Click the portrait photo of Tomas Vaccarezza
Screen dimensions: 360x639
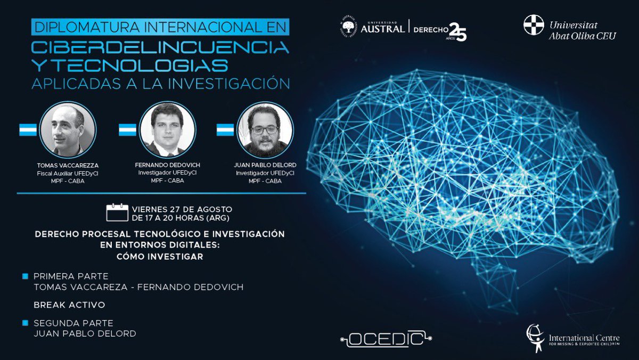click(68, 130)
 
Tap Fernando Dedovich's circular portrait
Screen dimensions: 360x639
click(167, 130)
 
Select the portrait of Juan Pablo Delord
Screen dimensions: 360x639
click(265, 130)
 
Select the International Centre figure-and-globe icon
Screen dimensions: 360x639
click(535, 338)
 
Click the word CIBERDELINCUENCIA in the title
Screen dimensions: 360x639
click(160, 47)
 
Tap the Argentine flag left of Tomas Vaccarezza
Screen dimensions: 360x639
click(28, 130)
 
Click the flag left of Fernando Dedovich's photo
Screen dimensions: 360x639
click(127, 130)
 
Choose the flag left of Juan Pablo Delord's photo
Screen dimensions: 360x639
click(225, 130)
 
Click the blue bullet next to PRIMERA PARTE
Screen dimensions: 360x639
click(25, 276)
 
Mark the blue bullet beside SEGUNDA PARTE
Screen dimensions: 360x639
click(25, 323)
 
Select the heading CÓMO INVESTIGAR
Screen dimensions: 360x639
click(160, 257)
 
